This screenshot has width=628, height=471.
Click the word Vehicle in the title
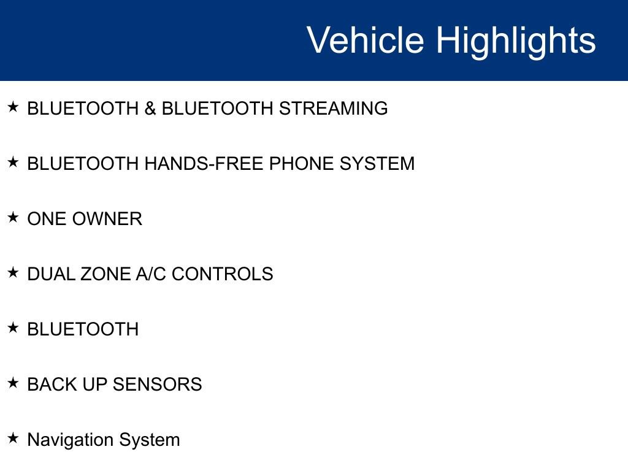pyautogui.click(x=366, y=39)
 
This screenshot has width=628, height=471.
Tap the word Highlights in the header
pyautogui.click(x=516, y=42)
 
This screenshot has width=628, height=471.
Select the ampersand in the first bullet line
pyautogui.click(x=150, y=109)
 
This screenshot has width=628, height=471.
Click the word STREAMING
pyautogui.click(x=333, y=109)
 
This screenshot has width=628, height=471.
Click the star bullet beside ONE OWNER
pyautogui.click(x=13, y=218)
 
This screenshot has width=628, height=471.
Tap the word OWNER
pyautogui.click(x=107, y=219)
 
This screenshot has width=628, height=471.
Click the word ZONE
pyautogui.click(x=105, y=274)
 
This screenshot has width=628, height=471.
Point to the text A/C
pyautogui.click(x=151, y=274)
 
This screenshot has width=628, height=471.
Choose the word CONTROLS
pyautogui.click(x=222, y=274)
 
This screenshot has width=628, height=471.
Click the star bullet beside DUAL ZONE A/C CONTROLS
pyautogui.click(x=13, y=273)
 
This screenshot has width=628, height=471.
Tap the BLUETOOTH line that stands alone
pyautogui.click(x=83, y=329)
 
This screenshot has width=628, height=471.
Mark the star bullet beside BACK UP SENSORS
pyautogui.click(x=13, y=383)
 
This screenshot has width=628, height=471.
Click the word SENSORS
pyautogui.click(x=158, y=385)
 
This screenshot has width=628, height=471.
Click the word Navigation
pyautogui.click(x=70, y=440)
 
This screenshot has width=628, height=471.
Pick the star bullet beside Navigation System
pyautogui.click(x=13, y=438)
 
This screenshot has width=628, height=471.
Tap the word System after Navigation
pyautogui.click(x=150, y=440)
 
